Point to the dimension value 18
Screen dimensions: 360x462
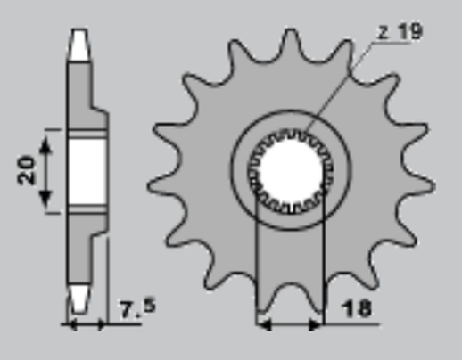click(356, 309)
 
